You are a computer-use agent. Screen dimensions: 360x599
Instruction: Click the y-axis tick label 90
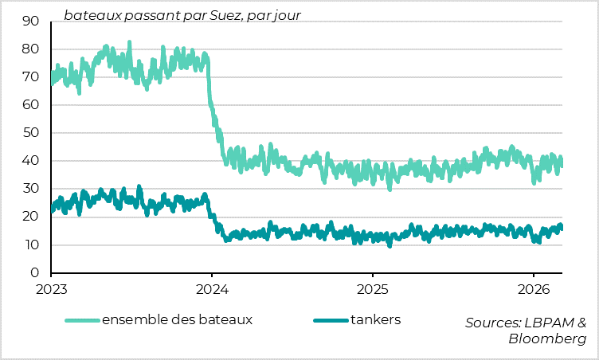(x=31, y=21)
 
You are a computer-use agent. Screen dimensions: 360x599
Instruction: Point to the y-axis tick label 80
(x=31, y=49)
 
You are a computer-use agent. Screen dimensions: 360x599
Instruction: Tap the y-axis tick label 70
(x=31, y=76)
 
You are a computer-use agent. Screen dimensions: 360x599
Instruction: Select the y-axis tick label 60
(x=31, y=104)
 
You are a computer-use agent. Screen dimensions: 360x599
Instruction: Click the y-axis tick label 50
(x=31, y=133)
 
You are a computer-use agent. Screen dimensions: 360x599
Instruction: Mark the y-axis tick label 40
(x=31, y=161)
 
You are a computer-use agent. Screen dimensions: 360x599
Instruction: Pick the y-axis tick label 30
(x=31, y=189)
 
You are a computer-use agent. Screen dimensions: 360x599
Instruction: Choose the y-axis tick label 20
(x=31, y=217)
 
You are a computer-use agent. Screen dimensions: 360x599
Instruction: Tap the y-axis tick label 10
(x=31, y=245)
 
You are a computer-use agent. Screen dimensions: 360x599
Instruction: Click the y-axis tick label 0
(x=35, y=272)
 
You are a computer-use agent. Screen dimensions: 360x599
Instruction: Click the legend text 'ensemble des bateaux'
(x=177, y=320)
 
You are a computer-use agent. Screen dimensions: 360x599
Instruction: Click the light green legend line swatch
(x=82, y=321)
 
